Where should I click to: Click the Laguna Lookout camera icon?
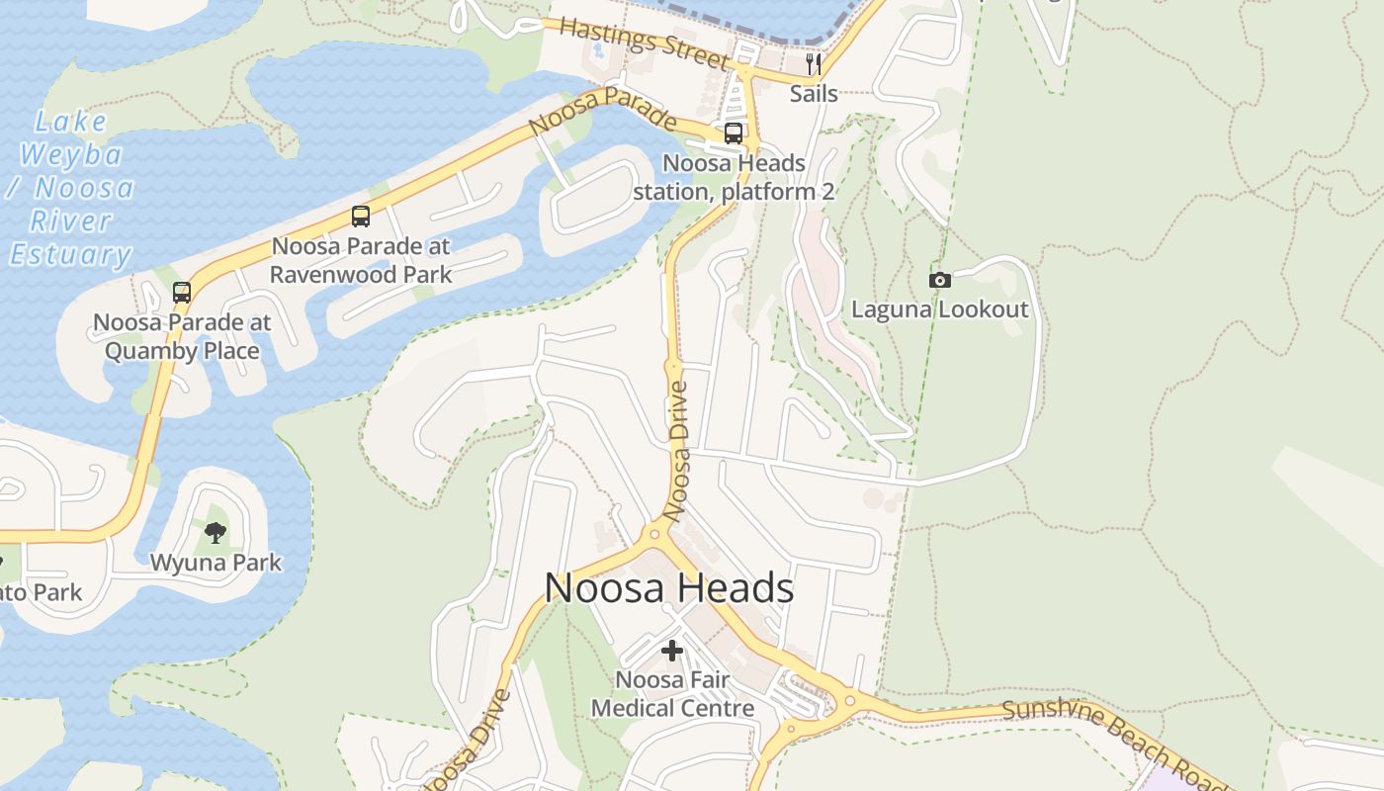point(940,281)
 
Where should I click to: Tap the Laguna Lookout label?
point(940,309)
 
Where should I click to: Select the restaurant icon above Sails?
point(814,64)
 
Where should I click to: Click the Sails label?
point(814,94)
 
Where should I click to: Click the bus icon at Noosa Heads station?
point(734,133)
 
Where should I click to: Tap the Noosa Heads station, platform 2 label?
point(734,177)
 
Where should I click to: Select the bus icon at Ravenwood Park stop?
point(361,217)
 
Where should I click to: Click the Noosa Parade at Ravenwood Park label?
point(361,260)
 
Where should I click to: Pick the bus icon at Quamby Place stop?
point(182,293)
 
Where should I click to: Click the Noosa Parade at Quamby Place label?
point(182,336)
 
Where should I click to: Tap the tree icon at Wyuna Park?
point(216,533)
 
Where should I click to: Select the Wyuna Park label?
point(216,563)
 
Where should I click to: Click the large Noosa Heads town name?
point(669,588)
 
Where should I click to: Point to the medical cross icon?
point(672,651)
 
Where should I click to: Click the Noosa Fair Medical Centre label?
point(672,694)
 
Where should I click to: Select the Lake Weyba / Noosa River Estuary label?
point(71,189)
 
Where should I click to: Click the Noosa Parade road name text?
point(602,112)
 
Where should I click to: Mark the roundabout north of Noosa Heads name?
point(653,534)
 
